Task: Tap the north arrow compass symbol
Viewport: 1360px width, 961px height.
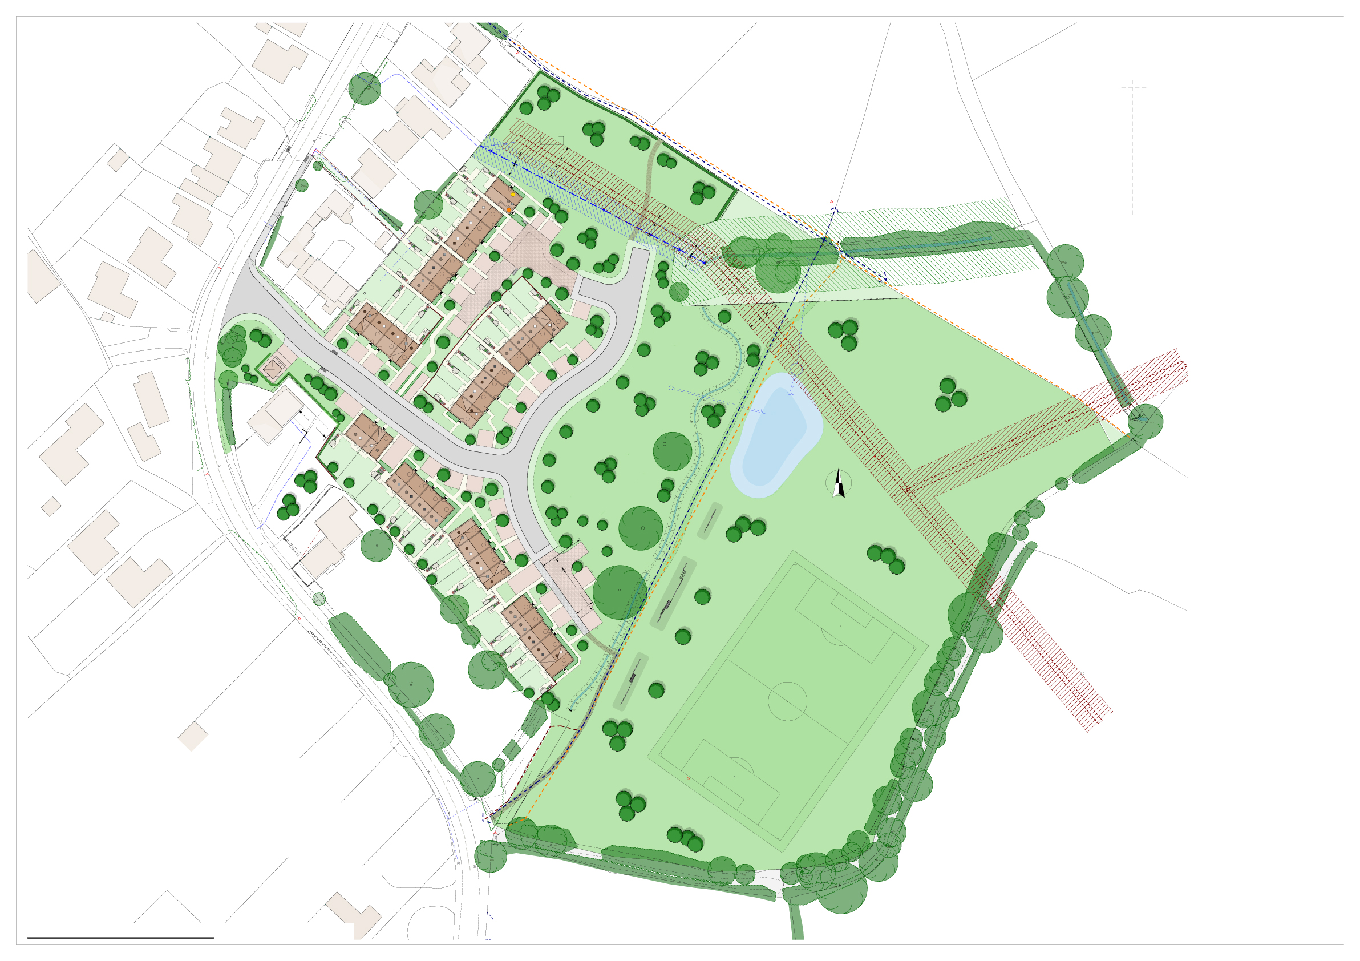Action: pyautogui.click(x=839, y=483)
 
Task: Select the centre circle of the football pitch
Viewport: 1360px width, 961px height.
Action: pyautogui.click(x=787, y=701)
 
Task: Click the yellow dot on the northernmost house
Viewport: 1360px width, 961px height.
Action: pyautogui.click(x=513, y=195)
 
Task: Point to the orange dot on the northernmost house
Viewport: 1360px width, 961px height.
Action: pyautogui.click(x=509, y=210)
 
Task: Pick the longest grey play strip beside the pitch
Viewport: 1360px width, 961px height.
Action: pyautogui.click(x=674, y=592)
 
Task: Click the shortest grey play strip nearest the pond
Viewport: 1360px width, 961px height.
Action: pyautogui.click(x=709, y=521)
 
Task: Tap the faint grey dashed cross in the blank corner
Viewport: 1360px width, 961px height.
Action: pyautogui.click(x=1132, y=88)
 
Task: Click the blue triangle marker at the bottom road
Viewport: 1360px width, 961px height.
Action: pyautogui.click(x=489, y=916)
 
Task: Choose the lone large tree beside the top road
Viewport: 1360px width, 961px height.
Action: pyautogui.click(x=365, y=89)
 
